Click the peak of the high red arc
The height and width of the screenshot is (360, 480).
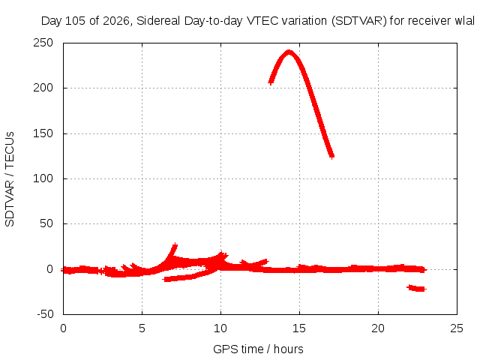pyautogui.click(x=289, y=52)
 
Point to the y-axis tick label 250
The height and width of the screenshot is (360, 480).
pyautogui.click(x=43, y=43)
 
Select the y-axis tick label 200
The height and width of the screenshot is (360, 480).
pyautogui.click(x=43, y=88)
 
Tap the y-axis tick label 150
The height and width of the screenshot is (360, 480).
pyautogui.click(x=43, y=133)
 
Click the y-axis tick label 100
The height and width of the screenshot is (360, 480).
pyautogui.click(x=43, y=178)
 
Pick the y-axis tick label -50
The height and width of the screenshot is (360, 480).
pyautogui.click(x=45, y=314)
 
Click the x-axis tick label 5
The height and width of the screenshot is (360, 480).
pyautogui.click(x=142, y=328)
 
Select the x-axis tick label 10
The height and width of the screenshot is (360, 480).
pyautogui.click(x=220, y=328)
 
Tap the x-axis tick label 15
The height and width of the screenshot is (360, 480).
pyautogui.click(x=299, y=328)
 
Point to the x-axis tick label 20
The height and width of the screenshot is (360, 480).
pyautogui.click(x=378, y=328)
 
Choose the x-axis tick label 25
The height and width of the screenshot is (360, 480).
pyautogui.click(x=457, y=328)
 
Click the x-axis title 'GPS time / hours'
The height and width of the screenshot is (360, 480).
pyautogui.click(x=258, y=349)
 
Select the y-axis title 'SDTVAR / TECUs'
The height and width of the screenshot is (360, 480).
pyautogui.click(x=10, y=179)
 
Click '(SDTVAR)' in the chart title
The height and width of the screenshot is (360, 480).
pyautogui.click(x=359, y=21)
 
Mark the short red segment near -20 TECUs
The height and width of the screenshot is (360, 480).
pyautogui.click(x=417, y=288)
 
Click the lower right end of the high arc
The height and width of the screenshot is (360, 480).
pyautogui.click(x=331, y=157)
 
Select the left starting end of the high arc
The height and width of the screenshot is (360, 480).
pyautogui.click(x=271, y=82)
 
